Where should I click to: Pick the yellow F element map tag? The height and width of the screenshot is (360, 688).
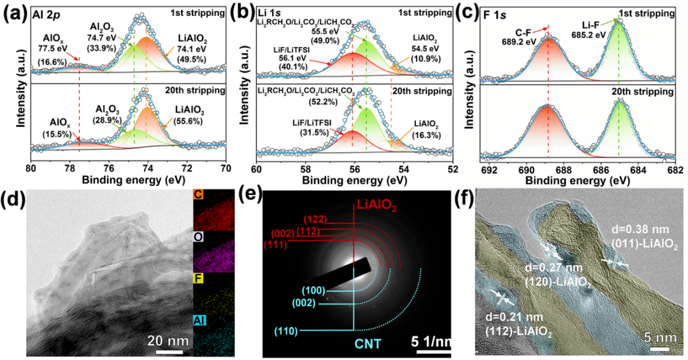click(x=199, y=278)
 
